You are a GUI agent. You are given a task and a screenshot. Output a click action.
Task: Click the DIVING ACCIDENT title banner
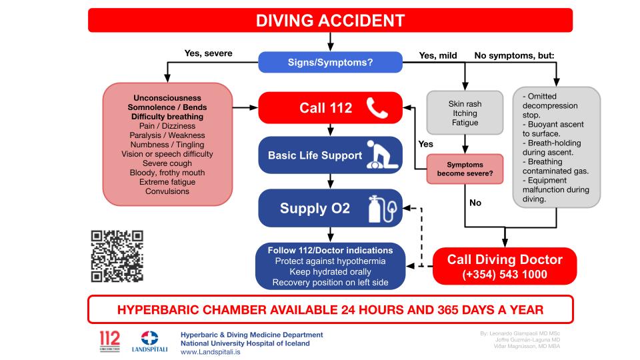click(x=330, y=20)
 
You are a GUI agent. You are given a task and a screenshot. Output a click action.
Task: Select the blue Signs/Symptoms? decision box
click(x=330, y=62)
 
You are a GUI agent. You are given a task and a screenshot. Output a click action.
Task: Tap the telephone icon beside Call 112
click(x=378, y=107)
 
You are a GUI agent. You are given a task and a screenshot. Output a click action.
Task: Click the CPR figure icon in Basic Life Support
click(x=383, y=155)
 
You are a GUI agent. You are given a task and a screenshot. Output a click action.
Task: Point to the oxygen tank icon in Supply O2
click(x=378, y=208)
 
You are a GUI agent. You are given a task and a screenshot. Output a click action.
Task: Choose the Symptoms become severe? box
click(x=465, y=169)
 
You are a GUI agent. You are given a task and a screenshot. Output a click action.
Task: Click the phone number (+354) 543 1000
click(x=505, y=274)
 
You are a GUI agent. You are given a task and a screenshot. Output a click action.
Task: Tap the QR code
click(x=117, y=256)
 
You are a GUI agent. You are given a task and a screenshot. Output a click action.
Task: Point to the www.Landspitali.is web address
click(x=211, y=351)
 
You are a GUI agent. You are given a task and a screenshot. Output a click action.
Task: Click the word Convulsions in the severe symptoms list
click(x=167, y=191)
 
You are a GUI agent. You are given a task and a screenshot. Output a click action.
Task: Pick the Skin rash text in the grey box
click(x=465, y=104)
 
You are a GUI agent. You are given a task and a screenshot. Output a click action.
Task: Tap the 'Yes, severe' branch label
click(x=208, y=54)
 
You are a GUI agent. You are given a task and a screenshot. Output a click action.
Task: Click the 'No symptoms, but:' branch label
click(x=514, y=55)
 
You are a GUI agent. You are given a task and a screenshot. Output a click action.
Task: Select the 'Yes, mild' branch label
click(x=437, y=55)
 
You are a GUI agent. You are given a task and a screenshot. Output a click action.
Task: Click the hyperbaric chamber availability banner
click(x=330, y=309)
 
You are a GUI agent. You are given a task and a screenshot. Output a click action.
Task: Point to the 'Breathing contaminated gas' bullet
click(x=549, y=166)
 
